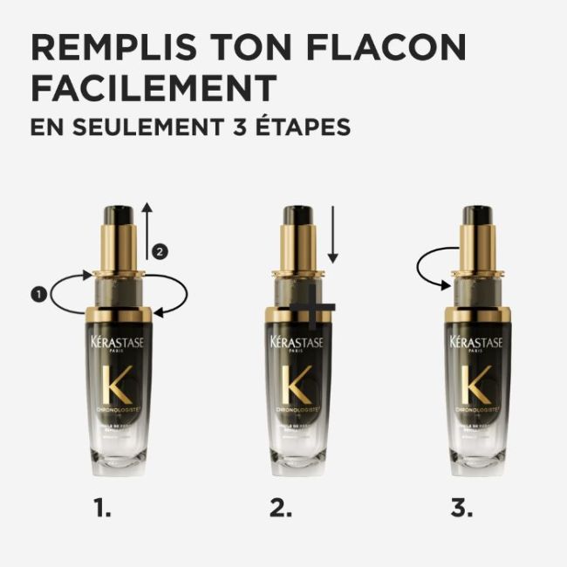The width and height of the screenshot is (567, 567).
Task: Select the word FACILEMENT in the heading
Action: [154, 87]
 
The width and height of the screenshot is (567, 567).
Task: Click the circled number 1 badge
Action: [38, 295]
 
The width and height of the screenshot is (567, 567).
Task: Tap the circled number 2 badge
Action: [158, 251]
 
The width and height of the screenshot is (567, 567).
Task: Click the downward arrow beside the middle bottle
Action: [332, 235]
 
